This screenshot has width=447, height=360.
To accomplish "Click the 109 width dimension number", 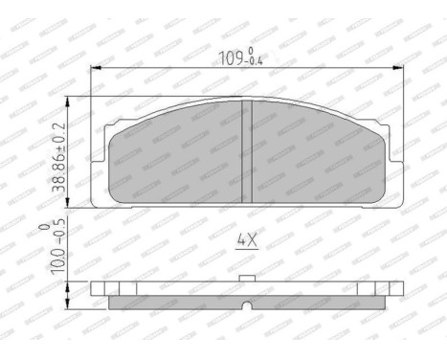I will tap(229, 56).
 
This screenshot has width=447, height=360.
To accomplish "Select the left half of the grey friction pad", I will tap(177, 158).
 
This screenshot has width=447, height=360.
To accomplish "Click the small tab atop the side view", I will tap(245, 280).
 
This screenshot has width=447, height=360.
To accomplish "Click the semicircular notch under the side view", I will tap(245, 305).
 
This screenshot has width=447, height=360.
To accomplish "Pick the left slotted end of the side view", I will tap(113, 289).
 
